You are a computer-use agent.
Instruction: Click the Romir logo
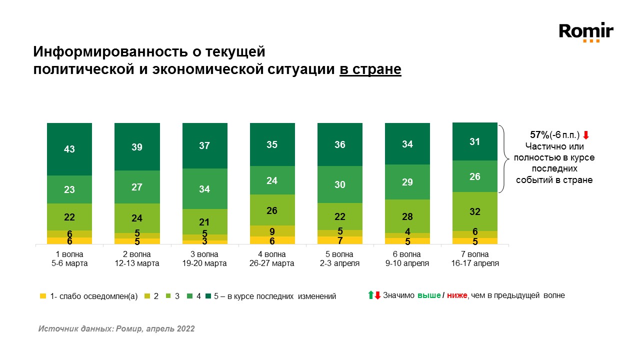[x=586, y=32]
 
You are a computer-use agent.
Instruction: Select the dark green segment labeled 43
[x=69, y=149]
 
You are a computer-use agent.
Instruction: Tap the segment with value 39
[x=137, y=146]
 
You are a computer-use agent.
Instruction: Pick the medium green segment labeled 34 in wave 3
[x=204, y=188]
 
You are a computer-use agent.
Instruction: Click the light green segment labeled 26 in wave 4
[x=272, y=210]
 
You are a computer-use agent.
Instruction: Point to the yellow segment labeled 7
[x=340, y=240]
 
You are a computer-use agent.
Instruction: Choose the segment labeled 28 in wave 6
[x=407, y=216]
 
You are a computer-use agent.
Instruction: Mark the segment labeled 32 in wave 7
[x=475, y=211]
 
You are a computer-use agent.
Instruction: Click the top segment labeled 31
[x=475, y=141]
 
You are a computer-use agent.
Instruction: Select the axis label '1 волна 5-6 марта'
[x=69, y=259]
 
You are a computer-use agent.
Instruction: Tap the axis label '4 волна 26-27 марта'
[x=272, y=259]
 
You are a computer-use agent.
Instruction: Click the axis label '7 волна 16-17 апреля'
[x=475, y=259]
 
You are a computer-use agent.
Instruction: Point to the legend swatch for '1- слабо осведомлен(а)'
[x=43, y=296]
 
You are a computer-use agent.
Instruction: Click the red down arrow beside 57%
[x=586, y=135]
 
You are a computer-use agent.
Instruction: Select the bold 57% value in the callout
[x=539, y=135]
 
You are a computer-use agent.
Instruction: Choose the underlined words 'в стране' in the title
[x=370, y=69]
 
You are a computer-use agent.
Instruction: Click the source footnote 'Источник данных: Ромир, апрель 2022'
[x=116, y=329]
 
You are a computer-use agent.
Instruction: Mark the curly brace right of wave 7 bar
[x=505, y=157]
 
